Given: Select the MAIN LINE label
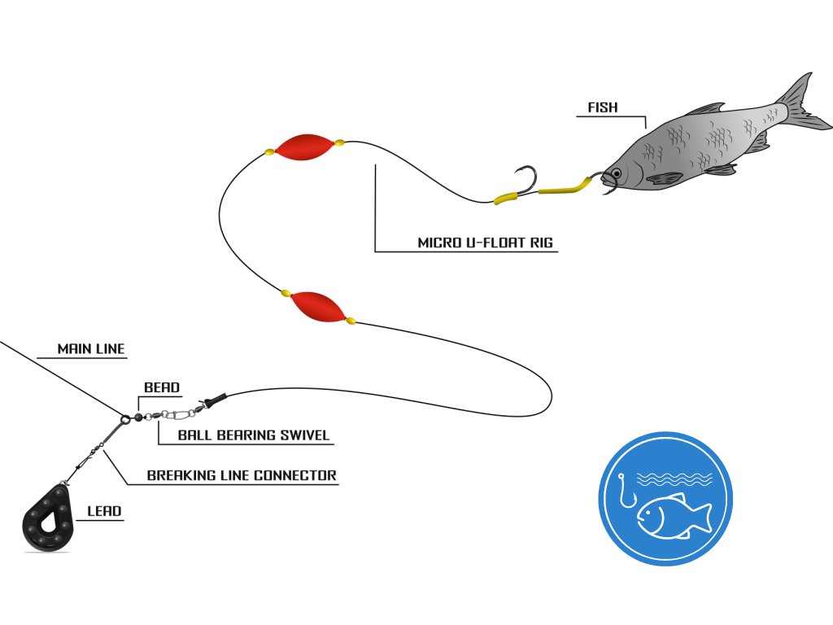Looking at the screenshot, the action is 91,349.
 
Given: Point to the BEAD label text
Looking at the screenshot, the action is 162,388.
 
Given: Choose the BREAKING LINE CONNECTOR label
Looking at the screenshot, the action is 242,475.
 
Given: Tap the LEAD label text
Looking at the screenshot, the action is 104,512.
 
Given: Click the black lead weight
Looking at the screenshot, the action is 50,521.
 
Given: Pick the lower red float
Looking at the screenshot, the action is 318,306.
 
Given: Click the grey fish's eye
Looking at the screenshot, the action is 617,173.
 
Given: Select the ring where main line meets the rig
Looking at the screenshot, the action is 125,420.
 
